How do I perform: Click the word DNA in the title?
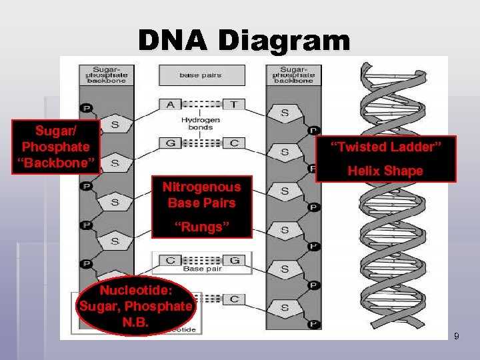click(x=173, y=41)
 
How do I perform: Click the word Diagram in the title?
click(x=283, y=41)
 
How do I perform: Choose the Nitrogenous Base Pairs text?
click(x=201, y=195)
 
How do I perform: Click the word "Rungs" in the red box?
click(x=201, y=227)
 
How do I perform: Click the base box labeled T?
click(x=233, y=105)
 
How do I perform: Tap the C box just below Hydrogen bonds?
click(x=233, y=142)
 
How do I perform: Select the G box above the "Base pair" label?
click(x=235, y=259)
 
